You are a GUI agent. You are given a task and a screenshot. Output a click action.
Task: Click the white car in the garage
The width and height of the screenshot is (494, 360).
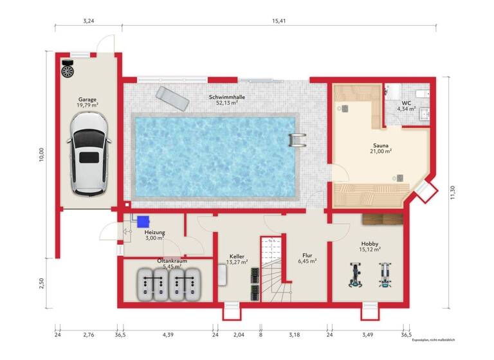click(x=89, y=154)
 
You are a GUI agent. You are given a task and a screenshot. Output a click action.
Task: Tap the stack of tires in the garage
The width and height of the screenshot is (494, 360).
click(x=68, y=67)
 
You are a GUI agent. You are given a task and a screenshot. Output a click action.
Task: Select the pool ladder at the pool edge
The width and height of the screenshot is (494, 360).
click(x=297, y=139)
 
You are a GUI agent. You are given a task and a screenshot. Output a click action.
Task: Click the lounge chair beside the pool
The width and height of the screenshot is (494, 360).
click(x=170, y=98)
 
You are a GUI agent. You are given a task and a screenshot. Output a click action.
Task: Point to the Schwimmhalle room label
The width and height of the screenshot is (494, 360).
click(x=226, y=97)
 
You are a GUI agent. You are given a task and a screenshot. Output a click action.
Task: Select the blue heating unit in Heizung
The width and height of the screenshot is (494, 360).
click(x=142, y=221)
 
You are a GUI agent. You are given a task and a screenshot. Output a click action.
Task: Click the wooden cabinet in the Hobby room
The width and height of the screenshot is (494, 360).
click(x=382, y=219)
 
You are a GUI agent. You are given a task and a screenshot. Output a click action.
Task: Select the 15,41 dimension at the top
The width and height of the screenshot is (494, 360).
click(x=278, y=21)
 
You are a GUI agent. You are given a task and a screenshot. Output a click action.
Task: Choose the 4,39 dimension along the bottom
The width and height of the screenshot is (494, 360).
click(x=168, y=335)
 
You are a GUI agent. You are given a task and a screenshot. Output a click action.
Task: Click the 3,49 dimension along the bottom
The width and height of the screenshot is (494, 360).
click(x=368, y=335)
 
